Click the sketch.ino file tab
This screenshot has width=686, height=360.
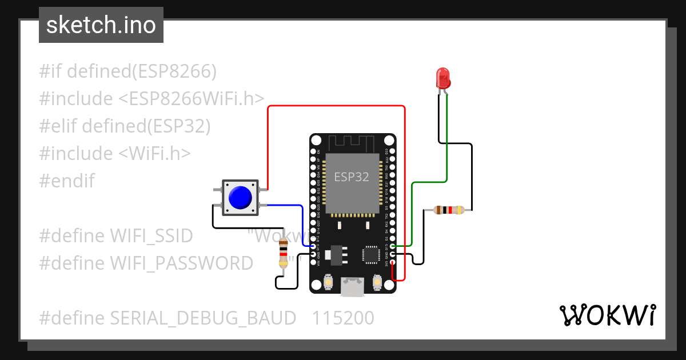click(101, 25)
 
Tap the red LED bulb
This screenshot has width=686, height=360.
click(442, 78)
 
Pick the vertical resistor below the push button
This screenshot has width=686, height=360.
click(283, 253)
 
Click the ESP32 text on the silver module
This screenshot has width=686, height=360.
click(352, 177)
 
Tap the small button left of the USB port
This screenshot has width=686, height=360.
click(329, 282)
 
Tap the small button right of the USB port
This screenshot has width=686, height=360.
click(377, 282)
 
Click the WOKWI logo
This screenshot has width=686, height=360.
click(607, 315)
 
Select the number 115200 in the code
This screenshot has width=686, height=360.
click(343, 318)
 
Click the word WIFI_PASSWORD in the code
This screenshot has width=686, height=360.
click(181, 263)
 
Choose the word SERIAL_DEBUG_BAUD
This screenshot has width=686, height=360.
click(203, 318)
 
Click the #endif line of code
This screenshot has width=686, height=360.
click(67, 181)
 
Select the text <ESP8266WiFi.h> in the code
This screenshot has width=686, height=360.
click(191, 99)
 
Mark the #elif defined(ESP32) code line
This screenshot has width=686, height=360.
click(125, 126)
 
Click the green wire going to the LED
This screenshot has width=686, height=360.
click(446, 149)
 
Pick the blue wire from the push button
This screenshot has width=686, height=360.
click(286, 205)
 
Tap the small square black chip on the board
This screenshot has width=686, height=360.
click(370, 254)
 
